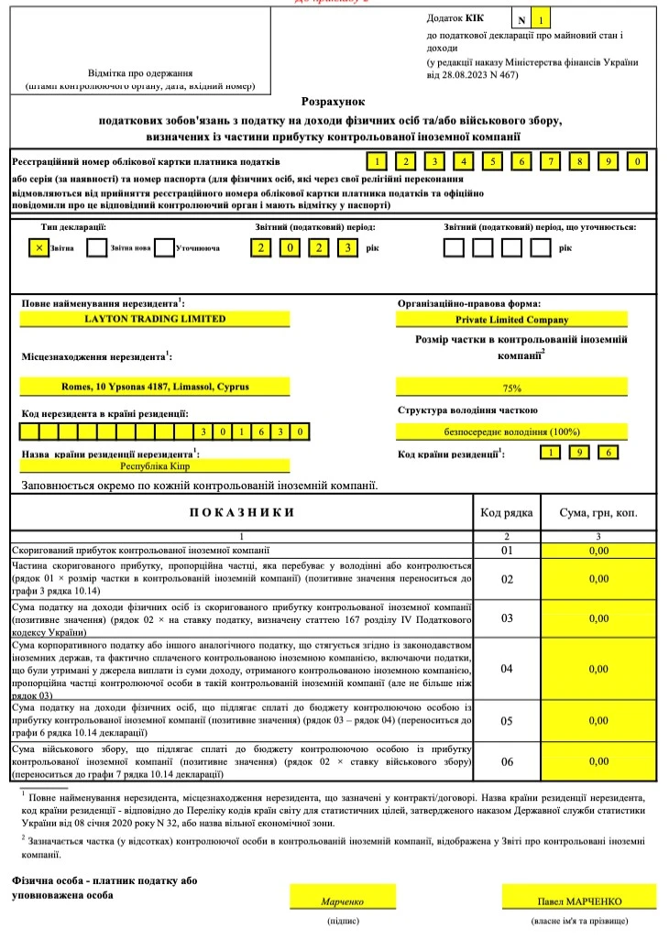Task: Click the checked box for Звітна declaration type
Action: pos(38,247)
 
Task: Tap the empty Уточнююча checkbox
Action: pos(164,247)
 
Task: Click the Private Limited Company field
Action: pos(511,320)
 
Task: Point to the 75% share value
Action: pos(511,388)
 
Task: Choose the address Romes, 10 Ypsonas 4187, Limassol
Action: pos(155,387)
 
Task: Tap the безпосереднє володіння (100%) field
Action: pos(511,432)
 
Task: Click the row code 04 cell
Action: pos(507,669)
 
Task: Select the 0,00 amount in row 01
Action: pos(598,552)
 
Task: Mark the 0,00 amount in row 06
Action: pos(598,761)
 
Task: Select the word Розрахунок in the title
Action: pos(334,103)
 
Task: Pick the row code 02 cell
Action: pos(507,579)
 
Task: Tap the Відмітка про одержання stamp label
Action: pos(140,72)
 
